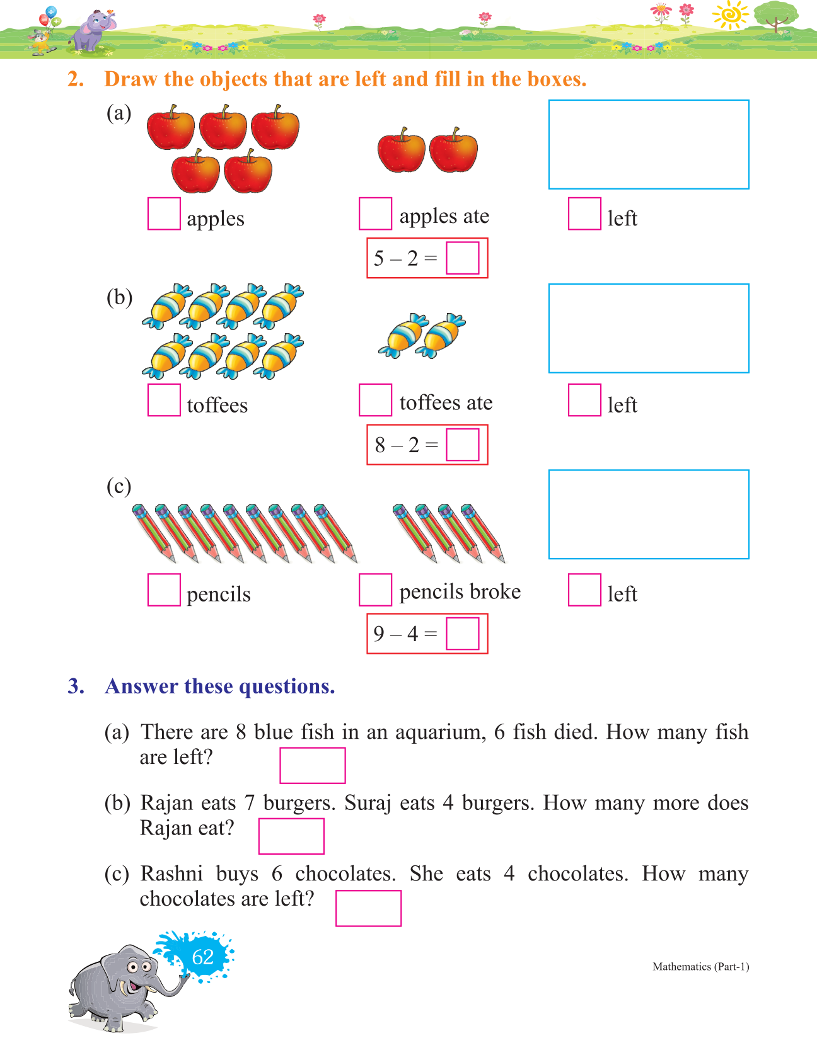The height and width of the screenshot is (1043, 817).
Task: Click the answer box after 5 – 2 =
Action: click(462, 258)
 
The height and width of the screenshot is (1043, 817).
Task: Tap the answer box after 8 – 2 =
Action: click(462, 445)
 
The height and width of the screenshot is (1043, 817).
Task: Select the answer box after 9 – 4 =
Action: click(462, 633)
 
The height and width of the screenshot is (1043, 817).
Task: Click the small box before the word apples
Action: click(164, 214)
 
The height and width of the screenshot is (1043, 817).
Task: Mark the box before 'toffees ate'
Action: click(375, 400)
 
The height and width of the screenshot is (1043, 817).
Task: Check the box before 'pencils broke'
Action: click(375, 590)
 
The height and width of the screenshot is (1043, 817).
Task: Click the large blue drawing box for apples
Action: click(649, 144)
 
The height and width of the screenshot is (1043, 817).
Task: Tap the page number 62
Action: click(202, 957)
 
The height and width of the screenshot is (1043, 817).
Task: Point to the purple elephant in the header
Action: click(91, 31)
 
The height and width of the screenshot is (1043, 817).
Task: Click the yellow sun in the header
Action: click(731, 14)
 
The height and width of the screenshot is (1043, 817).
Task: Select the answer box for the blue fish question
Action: click(312, 765)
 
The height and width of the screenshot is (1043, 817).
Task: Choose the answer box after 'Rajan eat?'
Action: click(291, 836)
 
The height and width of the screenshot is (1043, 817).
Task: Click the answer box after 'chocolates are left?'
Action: click(368, 908)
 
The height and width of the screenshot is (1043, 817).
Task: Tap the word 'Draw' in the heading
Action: click(131, 79)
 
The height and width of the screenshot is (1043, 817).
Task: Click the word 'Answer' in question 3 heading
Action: click(142, 686)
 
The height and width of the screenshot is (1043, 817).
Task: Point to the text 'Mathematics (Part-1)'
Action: click(700, 966)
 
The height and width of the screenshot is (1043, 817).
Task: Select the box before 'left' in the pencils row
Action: click(584, 590)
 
